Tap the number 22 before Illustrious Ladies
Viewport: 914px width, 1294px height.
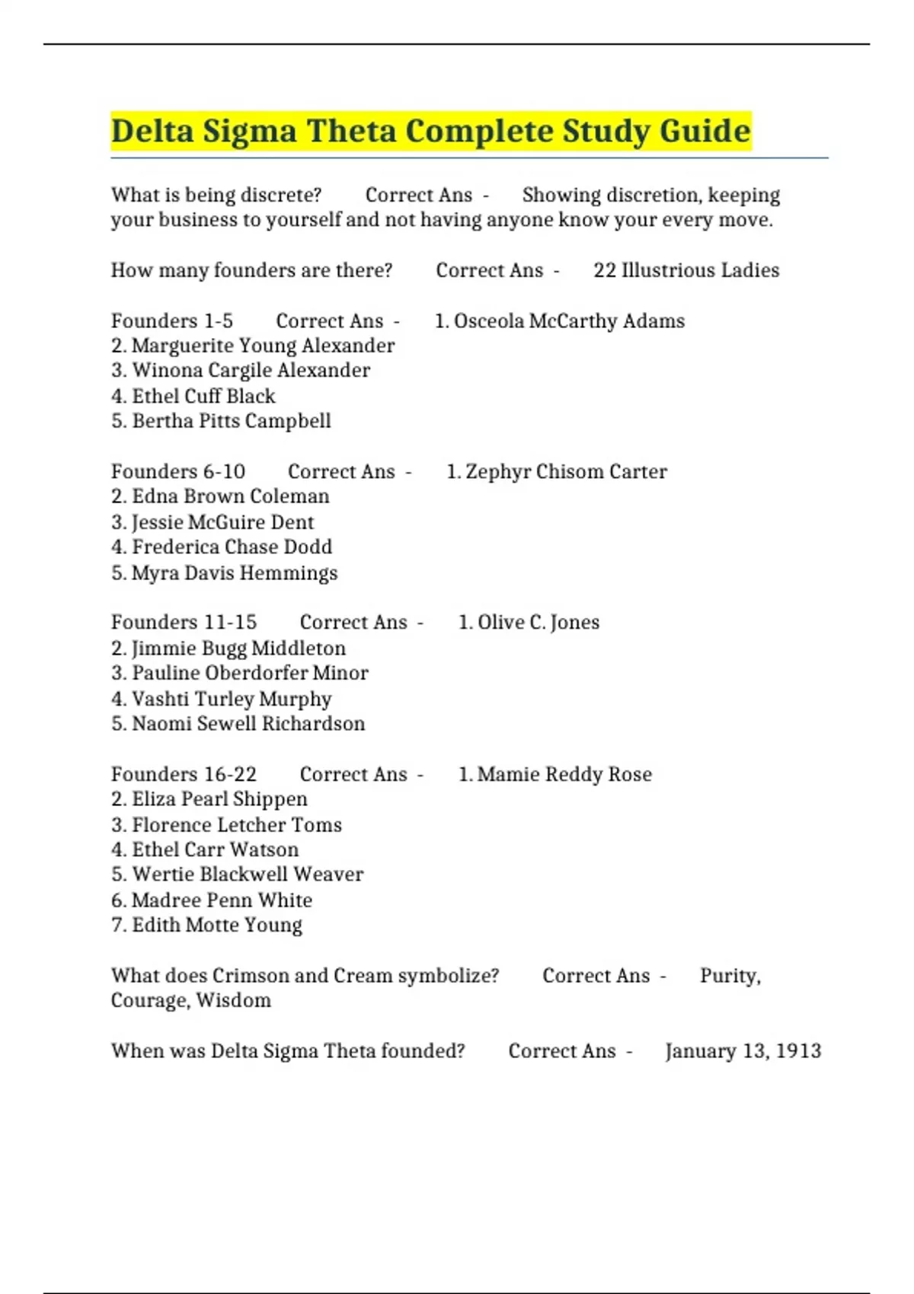(x=605, y=270)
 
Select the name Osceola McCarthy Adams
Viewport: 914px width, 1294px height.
(x=569, y=321)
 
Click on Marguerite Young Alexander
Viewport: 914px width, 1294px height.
(x=263, y=346)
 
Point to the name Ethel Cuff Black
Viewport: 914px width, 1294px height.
(x=203, y=396)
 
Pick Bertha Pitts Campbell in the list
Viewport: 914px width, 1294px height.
(x=232, y=421)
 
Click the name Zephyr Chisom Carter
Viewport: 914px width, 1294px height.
(x=566, y=472)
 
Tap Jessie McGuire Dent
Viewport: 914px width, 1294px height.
(x=222, y=522)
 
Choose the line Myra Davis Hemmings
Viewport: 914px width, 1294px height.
(x=234, y=572)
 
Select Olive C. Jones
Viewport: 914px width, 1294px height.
(x=538, y=623)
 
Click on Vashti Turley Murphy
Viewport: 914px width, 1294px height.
(x=232, y=699)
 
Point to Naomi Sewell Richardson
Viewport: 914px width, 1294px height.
(x=248, y=724)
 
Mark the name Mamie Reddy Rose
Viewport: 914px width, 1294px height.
(x=564, y=774)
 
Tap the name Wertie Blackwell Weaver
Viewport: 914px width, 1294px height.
(x=248, y=875)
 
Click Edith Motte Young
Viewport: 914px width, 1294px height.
(x=217, y=925)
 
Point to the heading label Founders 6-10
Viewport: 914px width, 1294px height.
(x=178, y=472)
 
